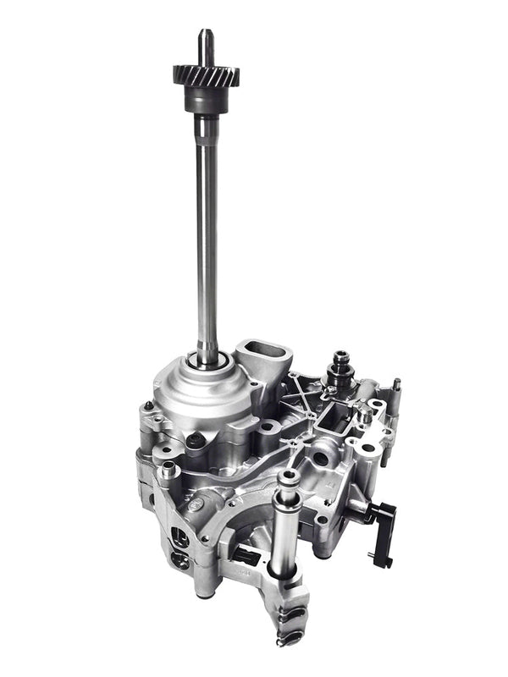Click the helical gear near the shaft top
click(206, 74)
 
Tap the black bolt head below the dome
click(196, 439)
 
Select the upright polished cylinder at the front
click(284, 525)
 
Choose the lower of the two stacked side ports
click(179, 559)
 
